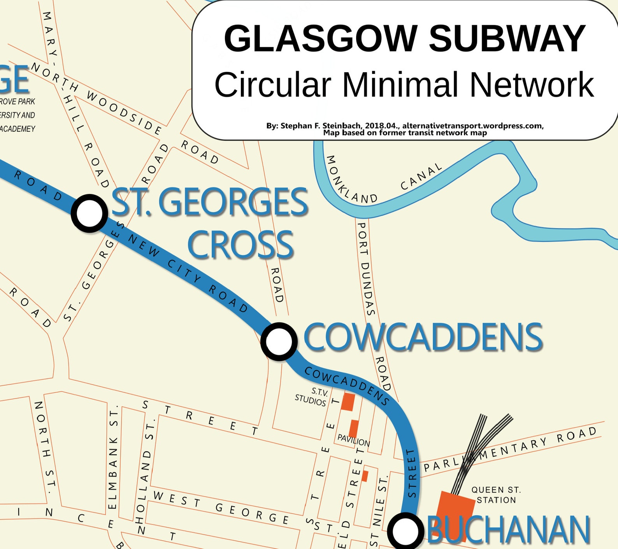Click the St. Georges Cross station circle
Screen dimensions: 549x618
[90, 213]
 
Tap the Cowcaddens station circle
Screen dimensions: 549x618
[279, 341]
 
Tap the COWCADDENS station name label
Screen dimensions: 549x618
[423, 337]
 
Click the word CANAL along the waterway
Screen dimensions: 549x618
[421, 177]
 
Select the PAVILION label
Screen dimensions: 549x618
[353, 440]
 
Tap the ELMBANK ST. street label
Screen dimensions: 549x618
[113, 459]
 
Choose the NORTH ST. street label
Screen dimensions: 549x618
[44, 447]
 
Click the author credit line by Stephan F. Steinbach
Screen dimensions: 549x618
[405, 126]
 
